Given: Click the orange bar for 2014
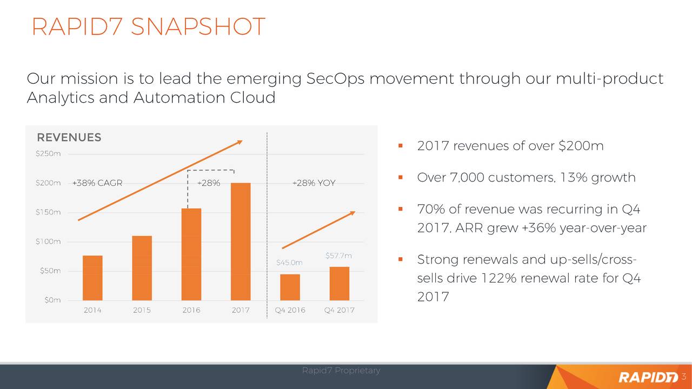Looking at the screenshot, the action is tap(92, 278).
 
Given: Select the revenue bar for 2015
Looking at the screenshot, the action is tap(142, 268).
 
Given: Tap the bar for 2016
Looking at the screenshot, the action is tap(191, 254).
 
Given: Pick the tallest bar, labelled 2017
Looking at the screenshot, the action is tap(241, 242).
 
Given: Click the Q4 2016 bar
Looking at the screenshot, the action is tap(290, 287).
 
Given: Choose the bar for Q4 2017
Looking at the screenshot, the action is tap(340, 284).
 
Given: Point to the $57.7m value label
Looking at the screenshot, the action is tap(338, 256).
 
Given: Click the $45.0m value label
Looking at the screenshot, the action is tap(289, 263).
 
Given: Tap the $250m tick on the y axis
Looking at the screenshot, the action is tap(48, 153).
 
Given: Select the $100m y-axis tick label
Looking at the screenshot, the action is tap(48, 242).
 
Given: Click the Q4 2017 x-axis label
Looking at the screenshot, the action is tap(339, 310).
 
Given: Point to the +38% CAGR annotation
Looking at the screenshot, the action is tap(97, 183).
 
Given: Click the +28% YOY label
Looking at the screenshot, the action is tap(314, 183).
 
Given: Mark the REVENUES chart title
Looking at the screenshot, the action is tap(69, 137).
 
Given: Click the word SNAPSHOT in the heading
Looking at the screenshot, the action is tap(198, 26).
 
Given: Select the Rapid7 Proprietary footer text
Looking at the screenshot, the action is tap(341, 370).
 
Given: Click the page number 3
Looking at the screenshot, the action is tap(684, 377).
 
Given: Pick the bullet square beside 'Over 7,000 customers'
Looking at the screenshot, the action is tap(401, 177).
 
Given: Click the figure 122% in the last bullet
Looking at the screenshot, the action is tap(498, 278).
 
